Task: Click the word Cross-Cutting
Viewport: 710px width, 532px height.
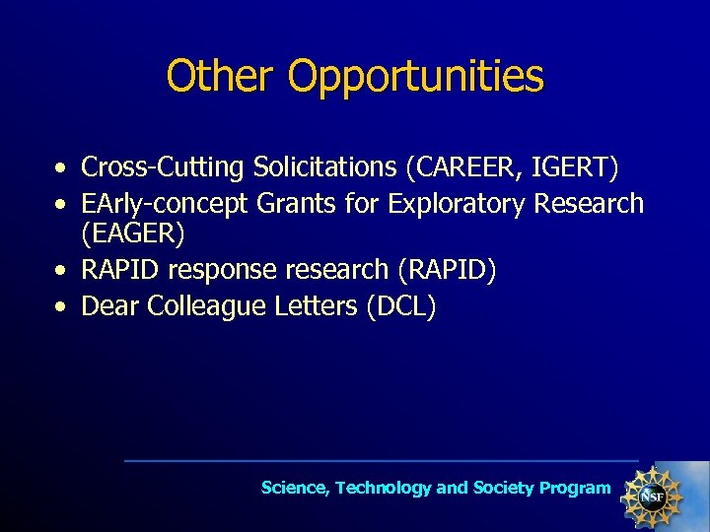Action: pyautogui.click(x=162, y=168)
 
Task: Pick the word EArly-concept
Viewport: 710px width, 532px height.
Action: pyautogui.click(x=165, y=204)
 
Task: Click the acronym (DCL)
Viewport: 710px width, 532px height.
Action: pyautogui.click(x=400, y=306)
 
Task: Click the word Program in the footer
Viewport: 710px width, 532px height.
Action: pyautogui.click(x=575, y=489)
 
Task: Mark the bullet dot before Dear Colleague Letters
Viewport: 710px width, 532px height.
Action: pyautogui.click(x=62, y=307)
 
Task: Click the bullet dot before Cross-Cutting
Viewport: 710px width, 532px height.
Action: pyautogui.click(x=62, y=168)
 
